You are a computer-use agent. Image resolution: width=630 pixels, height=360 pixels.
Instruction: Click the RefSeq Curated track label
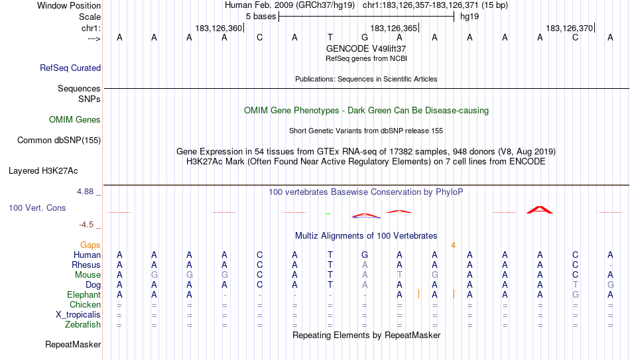pyautogui.click(x=70, y=68)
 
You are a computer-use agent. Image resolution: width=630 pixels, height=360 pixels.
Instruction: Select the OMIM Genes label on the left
pyautogui.click(x=75, y=119)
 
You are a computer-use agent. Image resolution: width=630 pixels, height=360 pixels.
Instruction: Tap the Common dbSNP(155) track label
pyautogui.click(x=59, y=141)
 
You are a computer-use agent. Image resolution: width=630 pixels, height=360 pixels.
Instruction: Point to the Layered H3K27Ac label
pyautogui.click(x=43, y=171)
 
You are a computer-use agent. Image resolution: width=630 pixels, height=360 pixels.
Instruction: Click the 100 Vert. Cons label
pyautogui.click(x=37, y=208)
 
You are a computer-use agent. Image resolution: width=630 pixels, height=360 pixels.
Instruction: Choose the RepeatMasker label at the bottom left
pyautogui.click(x=73, y=344)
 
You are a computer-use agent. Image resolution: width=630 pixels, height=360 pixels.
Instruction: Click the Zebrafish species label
pyautogui.click(x=83, y=324)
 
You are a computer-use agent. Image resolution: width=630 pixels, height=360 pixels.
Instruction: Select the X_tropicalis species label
pyautogui.click(x=78, y=315)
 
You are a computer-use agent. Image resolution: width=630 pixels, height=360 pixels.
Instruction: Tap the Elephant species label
pyautogui.click(x=84, y=294)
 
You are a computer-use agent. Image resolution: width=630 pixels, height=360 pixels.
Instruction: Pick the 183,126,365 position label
pyautogui.click(x=393, y=28)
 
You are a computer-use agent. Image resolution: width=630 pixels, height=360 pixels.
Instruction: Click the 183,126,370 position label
pyautogui.click(x=570, y=28)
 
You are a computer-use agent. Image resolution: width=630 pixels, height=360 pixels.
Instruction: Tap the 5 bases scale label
pyautogui.click(x=261, y=17)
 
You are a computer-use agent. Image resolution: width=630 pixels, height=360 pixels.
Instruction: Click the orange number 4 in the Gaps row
pyautogui.click(x=453, y=245)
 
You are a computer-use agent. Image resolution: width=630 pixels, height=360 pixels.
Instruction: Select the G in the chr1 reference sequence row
pyautogui.click(x=365, y=37)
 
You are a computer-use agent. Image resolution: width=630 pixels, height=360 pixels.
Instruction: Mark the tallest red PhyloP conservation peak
pyautogui.click(x=540, y=210)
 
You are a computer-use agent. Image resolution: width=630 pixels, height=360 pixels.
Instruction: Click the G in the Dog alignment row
pyautogui.click(x=610, y=285)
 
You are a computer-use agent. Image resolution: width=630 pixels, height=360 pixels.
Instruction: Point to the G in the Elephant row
pyautogui.click(x=576, y=294)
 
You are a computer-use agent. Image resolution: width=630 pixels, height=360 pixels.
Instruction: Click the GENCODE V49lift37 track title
pyautogui.click(x=366, y=48)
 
